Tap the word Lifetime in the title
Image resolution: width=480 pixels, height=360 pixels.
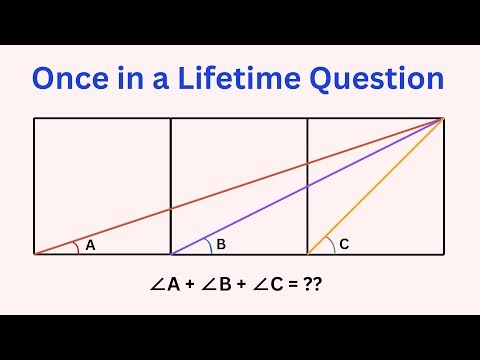tap(233, 79)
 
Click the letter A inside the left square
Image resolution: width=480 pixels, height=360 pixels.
tap(90, 244)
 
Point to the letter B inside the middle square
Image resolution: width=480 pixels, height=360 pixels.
tap(221, 243)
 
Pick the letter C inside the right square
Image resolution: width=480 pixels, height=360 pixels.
tap(343, 243)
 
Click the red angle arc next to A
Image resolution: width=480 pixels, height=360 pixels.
tap(75, 248)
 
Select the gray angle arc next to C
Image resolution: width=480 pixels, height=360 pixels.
tap(328, 243)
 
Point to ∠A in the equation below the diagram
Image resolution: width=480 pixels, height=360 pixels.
tap(164, 285)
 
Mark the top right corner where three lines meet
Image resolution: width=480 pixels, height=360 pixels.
tap(443, 118)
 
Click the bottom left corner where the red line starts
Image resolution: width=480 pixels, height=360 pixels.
tap(34, 254)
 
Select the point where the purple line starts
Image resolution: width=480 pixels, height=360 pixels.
tap(171, 254)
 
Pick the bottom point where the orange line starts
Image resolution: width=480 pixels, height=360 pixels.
tap(307, 254)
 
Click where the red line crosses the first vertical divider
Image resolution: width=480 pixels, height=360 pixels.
tap(171, 208)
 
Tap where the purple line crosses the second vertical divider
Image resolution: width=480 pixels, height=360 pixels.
tap(307, 186)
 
